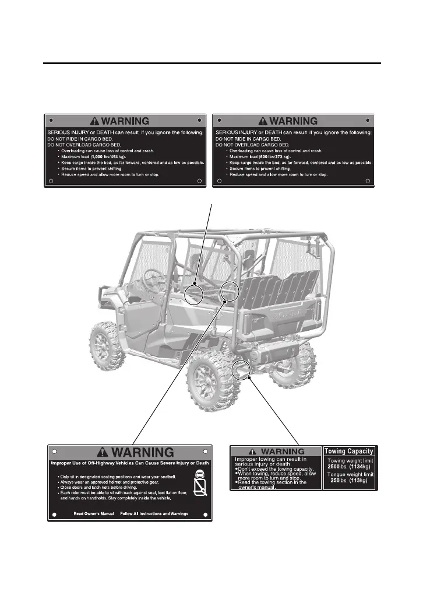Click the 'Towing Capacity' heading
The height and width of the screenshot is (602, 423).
(x=349, y=451)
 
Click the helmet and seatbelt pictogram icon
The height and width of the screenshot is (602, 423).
(x=199, y=482)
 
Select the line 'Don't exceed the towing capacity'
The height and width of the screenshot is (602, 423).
(x=276, y=469)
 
